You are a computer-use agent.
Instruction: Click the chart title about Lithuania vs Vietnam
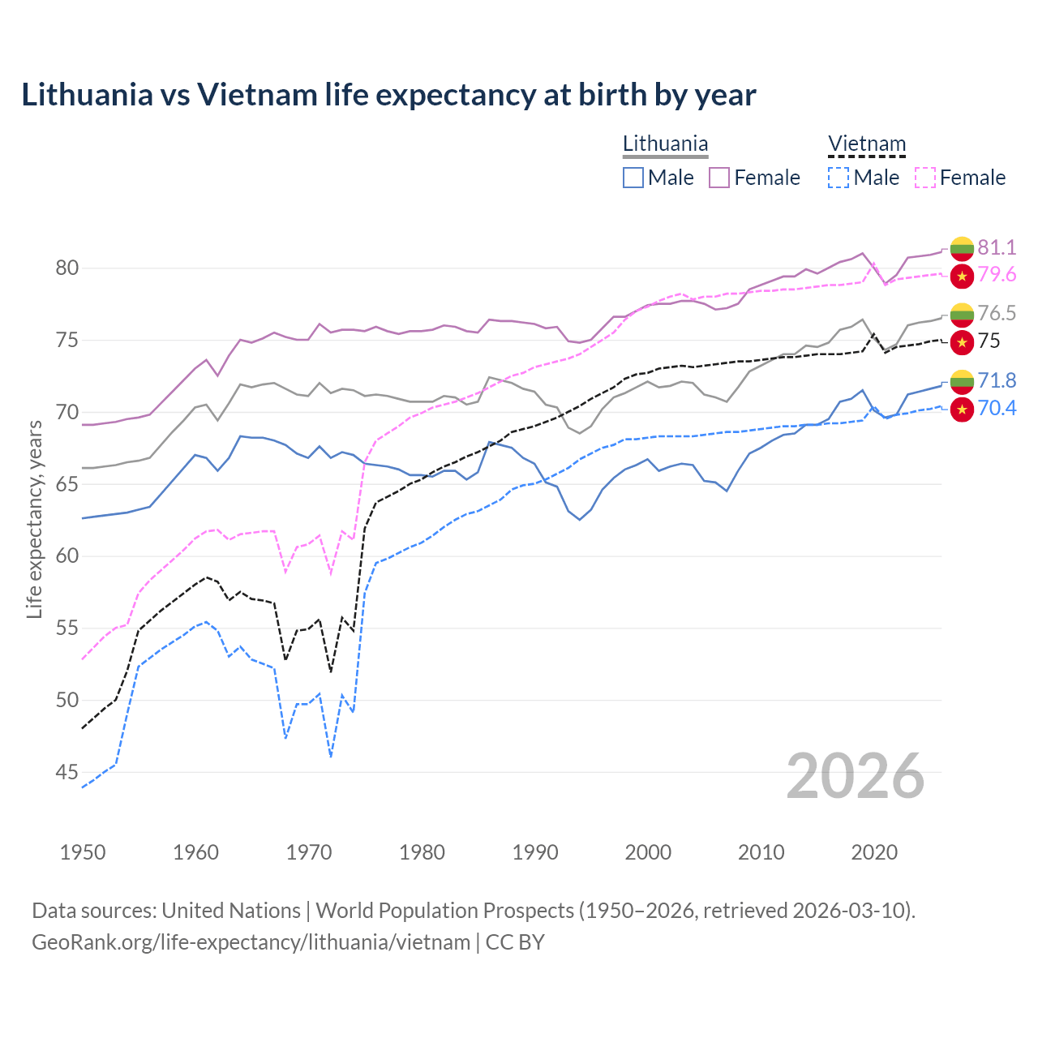(388, 95)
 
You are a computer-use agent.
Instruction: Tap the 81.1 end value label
(997, 247)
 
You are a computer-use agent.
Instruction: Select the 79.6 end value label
(997, 275)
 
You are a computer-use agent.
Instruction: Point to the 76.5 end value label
(997, 313)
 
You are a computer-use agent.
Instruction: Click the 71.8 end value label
(997, 380)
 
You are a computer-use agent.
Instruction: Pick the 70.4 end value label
(997, 408)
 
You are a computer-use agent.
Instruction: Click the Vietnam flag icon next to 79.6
(962, 276)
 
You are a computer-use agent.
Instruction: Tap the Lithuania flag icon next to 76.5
(962, 314)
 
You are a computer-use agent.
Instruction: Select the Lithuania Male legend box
(633, 178)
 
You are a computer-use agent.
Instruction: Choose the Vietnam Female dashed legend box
(925, 178)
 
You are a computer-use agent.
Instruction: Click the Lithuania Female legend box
(719, 178)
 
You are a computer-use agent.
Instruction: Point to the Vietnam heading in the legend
(866, 144)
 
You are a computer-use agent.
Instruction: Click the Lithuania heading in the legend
(665, 144)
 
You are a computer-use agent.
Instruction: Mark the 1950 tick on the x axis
(83, 852)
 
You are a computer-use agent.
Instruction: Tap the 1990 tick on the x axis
(535, 852)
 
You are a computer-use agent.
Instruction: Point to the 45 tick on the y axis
(67, 772)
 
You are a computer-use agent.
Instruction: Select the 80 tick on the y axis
(67, 268)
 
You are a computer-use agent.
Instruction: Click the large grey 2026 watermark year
(855, 776)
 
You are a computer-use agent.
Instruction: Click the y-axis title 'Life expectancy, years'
(34, 519)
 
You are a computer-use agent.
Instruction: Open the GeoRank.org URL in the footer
(251, 942)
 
